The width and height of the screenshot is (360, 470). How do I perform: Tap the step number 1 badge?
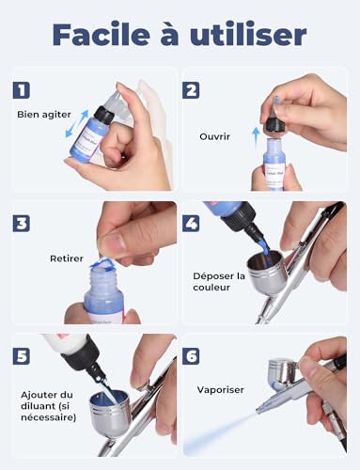click(22, 90)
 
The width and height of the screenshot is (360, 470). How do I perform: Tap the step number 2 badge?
click(192, 90)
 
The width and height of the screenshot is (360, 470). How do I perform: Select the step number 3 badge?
click(22, 224)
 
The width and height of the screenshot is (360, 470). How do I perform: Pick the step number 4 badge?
click(192, 224)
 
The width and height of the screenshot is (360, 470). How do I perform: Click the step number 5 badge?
click(22, 358)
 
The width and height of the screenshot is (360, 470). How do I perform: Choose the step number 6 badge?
click(192, 358)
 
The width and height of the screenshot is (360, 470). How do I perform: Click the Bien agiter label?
click(44, 115)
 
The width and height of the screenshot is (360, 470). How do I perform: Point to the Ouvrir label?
click(214, 135)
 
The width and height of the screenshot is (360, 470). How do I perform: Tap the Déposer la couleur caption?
click(218, 283)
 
